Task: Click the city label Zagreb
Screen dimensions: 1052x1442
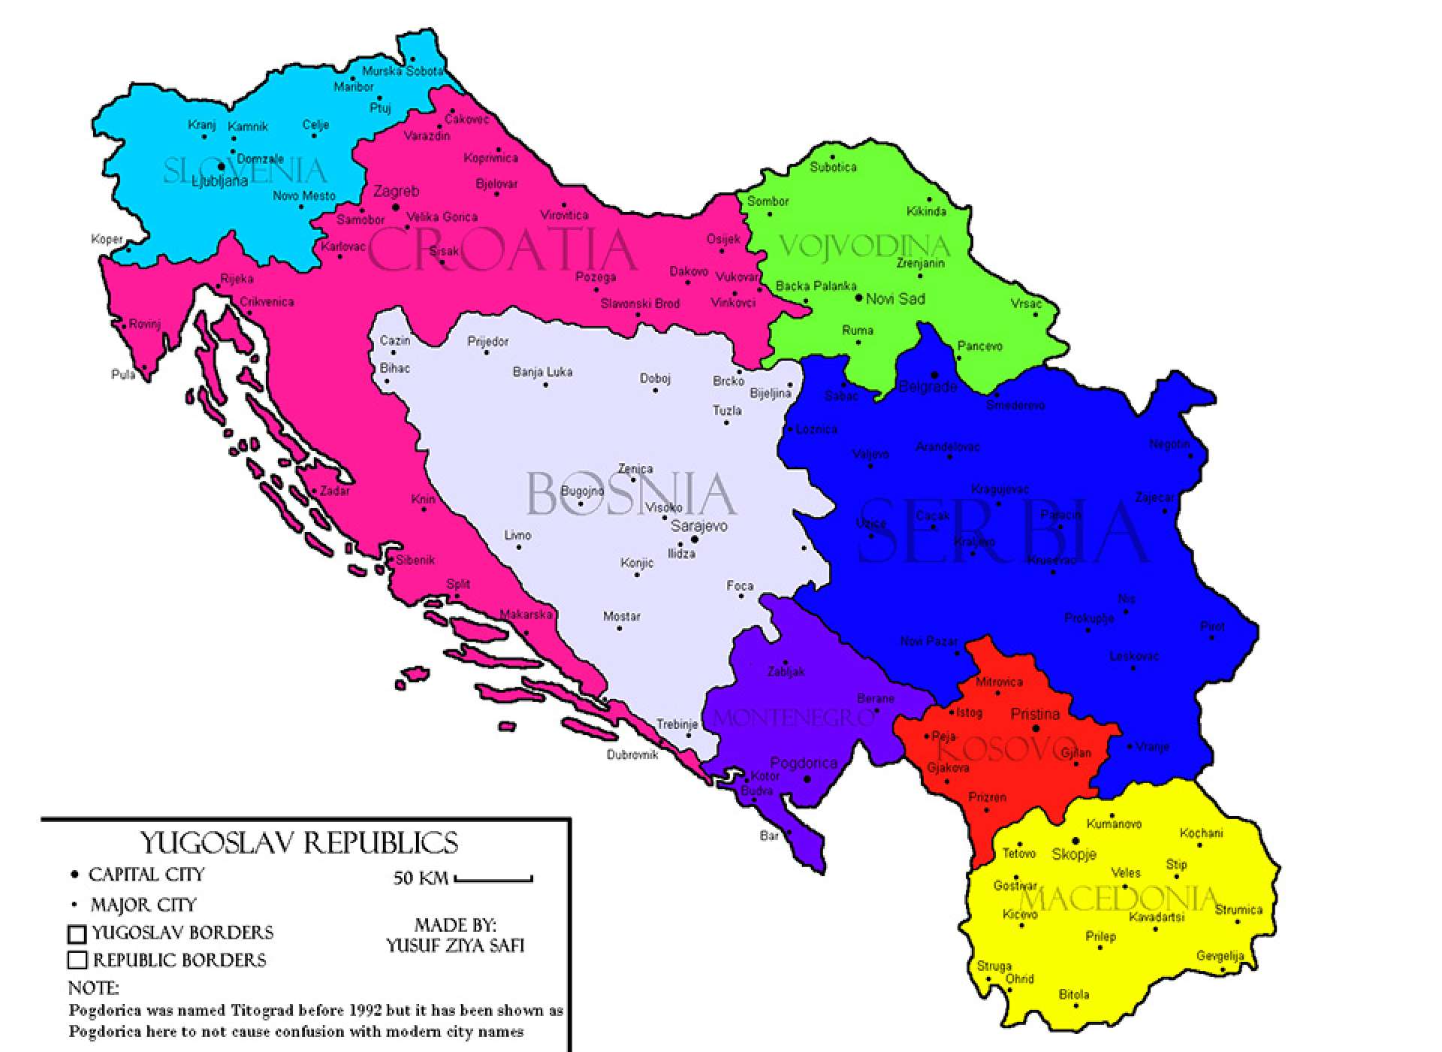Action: (396, 192)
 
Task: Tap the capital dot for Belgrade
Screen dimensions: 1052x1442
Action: (935, 374)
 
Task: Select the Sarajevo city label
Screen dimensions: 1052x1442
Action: (698, 526)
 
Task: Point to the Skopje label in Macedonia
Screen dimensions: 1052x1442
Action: (1074, 854)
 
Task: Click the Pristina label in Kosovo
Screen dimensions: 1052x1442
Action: (1035, 714)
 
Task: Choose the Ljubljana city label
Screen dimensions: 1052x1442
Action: (219, 181)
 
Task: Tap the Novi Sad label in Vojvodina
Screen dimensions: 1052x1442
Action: (895, 299)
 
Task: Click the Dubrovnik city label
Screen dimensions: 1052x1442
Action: (632, 754)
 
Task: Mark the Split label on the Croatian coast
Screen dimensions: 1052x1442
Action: (458, 585)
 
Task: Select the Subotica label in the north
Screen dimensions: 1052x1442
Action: (833, 167)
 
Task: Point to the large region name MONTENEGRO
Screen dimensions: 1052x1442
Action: (794, 718)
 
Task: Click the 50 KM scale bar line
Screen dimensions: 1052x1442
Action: (493, 879)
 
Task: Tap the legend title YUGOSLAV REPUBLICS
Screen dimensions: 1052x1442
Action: (300, 843)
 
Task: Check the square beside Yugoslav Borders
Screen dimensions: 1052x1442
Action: (77, 934)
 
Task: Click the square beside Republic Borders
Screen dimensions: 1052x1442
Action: (77, 960)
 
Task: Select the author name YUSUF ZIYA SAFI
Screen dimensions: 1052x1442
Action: (455, 945)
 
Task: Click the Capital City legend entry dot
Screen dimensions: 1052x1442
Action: (74, 875)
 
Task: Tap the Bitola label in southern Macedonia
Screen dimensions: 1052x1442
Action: (1073, 995)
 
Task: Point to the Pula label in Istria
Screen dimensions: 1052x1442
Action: (123, 374)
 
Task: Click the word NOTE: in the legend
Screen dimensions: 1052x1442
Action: (93, 987)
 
